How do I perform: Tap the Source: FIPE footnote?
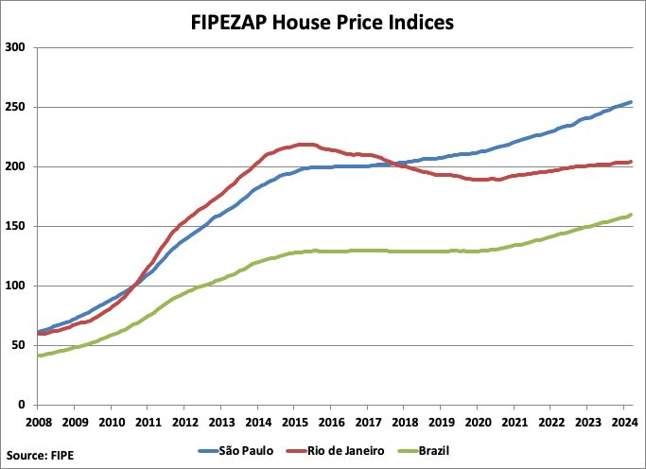(x=40, y=455)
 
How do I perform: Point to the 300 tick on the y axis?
(x=16, y=47)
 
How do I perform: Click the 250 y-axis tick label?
(x=16, y=107)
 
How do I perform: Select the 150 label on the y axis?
(x=16, y=226)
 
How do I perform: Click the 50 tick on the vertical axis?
(x=20, y=345)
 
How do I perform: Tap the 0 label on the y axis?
(x=24, y=405)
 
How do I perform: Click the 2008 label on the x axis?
(x=38, y=422)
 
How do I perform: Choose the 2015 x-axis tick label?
(x=295, y=422)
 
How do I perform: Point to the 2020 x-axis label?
(x=479, y=422)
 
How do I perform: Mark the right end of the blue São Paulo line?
(x=631, y=102)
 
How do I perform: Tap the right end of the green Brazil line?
(x=631, y=216)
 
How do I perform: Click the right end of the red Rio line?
(x=631, y=162)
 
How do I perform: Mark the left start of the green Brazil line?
(x=39, y=356)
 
